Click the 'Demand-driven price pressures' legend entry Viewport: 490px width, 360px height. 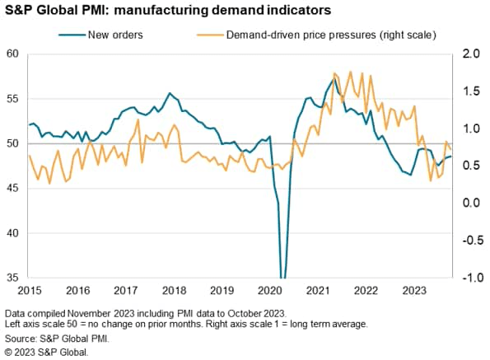tap(326, 35)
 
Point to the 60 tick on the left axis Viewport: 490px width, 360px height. tap(12, 54)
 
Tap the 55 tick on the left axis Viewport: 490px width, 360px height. tap(12, 99)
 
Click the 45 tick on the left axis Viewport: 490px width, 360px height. tap(12, 188)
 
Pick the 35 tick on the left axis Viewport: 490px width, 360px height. tap(12, 278)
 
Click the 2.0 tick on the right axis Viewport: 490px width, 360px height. tap(472, 54)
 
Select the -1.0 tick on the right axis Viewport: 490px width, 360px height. tap(470, 278)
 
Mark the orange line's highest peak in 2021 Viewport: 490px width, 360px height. tap(334, 72)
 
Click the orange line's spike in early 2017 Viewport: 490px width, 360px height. tap(138, 120)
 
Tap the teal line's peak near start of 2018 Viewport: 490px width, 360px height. tap(169, 93)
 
